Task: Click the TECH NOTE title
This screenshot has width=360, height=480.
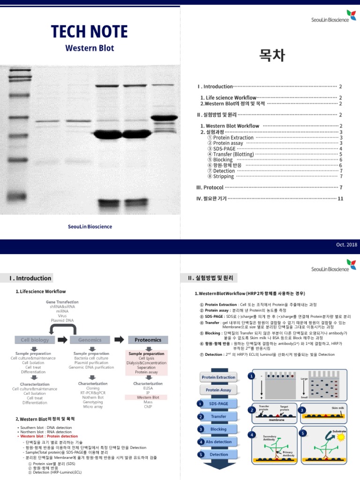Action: (x=89, y=32)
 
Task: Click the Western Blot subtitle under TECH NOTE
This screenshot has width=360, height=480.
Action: (x=90, y=48)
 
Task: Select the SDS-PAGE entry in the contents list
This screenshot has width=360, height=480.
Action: (x=225, y=148)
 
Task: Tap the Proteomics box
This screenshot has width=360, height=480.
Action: (x=148, y=339)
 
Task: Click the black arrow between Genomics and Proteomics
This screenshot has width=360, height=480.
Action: (x=120, y=339)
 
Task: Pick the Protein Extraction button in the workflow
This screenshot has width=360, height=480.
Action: (x=218, y=377)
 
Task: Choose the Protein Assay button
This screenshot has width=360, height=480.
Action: (x=218, y=390)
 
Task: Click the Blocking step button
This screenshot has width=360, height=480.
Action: (x=218, y=429)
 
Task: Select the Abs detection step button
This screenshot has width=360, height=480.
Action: (x=218, y=442)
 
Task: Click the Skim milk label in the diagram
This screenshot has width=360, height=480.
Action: (x=337, y=408)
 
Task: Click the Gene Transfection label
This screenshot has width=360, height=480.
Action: (x=62, y=302)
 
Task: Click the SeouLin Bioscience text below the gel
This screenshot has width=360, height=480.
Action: (x=90, y=226)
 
